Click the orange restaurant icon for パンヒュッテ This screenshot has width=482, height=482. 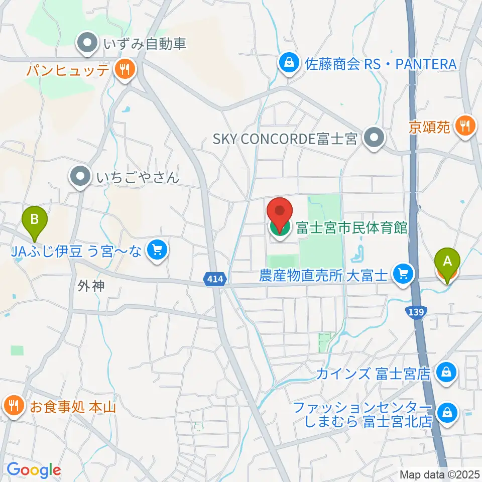coord(124,69)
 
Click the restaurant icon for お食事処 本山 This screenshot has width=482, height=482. coord(13,405)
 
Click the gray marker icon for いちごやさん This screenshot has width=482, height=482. coord(80,177)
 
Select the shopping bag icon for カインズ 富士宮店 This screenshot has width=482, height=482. coord(445,373)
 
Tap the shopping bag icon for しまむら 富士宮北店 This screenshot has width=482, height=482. coord(445,413)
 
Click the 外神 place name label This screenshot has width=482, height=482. coord(91,286)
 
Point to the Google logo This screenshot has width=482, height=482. coord(34,469)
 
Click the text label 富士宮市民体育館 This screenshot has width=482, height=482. coord(351,227)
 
